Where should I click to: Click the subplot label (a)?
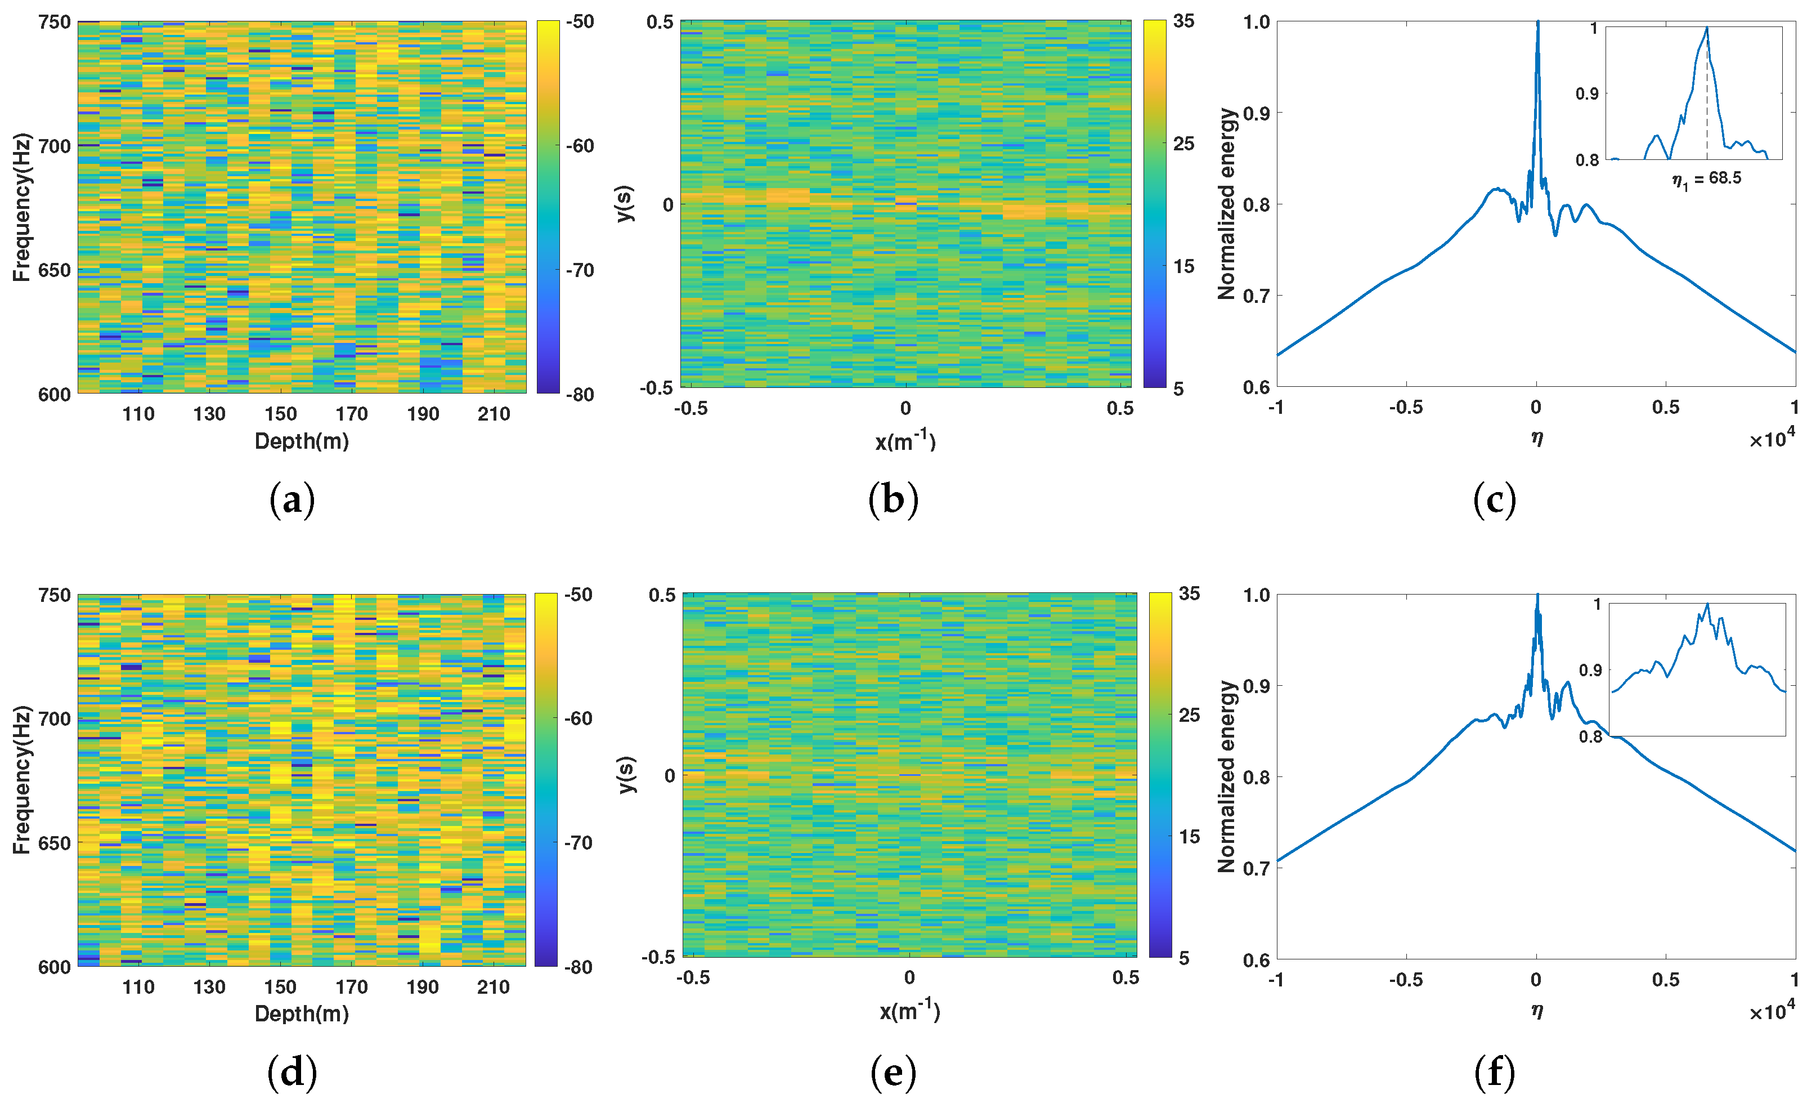pos(292,500)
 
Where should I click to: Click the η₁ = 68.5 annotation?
pos(1706,179)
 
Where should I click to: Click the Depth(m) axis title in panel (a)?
pos(302,441)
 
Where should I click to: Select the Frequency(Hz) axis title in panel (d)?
pos(22,779)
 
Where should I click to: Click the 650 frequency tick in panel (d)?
pos(54,843)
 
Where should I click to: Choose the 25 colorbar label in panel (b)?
pos(1183,144)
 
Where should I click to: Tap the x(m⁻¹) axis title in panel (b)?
pos(905,441)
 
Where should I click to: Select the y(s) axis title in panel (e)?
pos(626,774)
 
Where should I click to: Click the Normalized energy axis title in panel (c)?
pos(1226,204)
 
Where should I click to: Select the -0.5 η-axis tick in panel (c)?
pos(1406,407)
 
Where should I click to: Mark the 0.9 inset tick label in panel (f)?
pos(1590,669)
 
